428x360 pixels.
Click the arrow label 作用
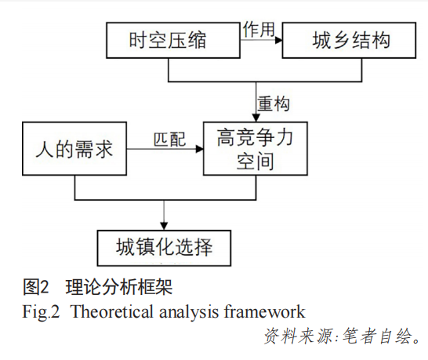click(x=259, y=29)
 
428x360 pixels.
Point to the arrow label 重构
click(x=274, y=104)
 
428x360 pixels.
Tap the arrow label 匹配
click(x=170, y=140)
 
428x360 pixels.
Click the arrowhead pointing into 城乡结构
click(x=279, y=41)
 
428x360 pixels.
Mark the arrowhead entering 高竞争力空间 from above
click(x=256, y=118)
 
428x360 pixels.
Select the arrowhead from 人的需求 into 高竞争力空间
click(x=200, y=149)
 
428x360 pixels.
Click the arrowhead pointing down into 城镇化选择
click(x=164, y=226)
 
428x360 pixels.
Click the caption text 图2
click(x=36, y=287)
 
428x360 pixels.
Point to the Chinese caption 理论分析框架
click(x=119, y=287)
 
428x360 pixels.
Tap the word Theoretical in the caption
click(x=111, y=311)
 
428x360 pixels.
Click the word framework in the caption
click(x=264, y=311)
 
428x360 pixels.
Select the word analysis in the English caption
click(x=189, y=312)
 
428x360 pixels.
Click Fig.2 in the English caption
click(x=41, y=312)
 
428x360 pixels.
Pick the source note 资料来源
click(x=299, y=336)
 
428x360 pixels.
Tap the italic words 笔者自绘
click(x=377, y=336)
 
